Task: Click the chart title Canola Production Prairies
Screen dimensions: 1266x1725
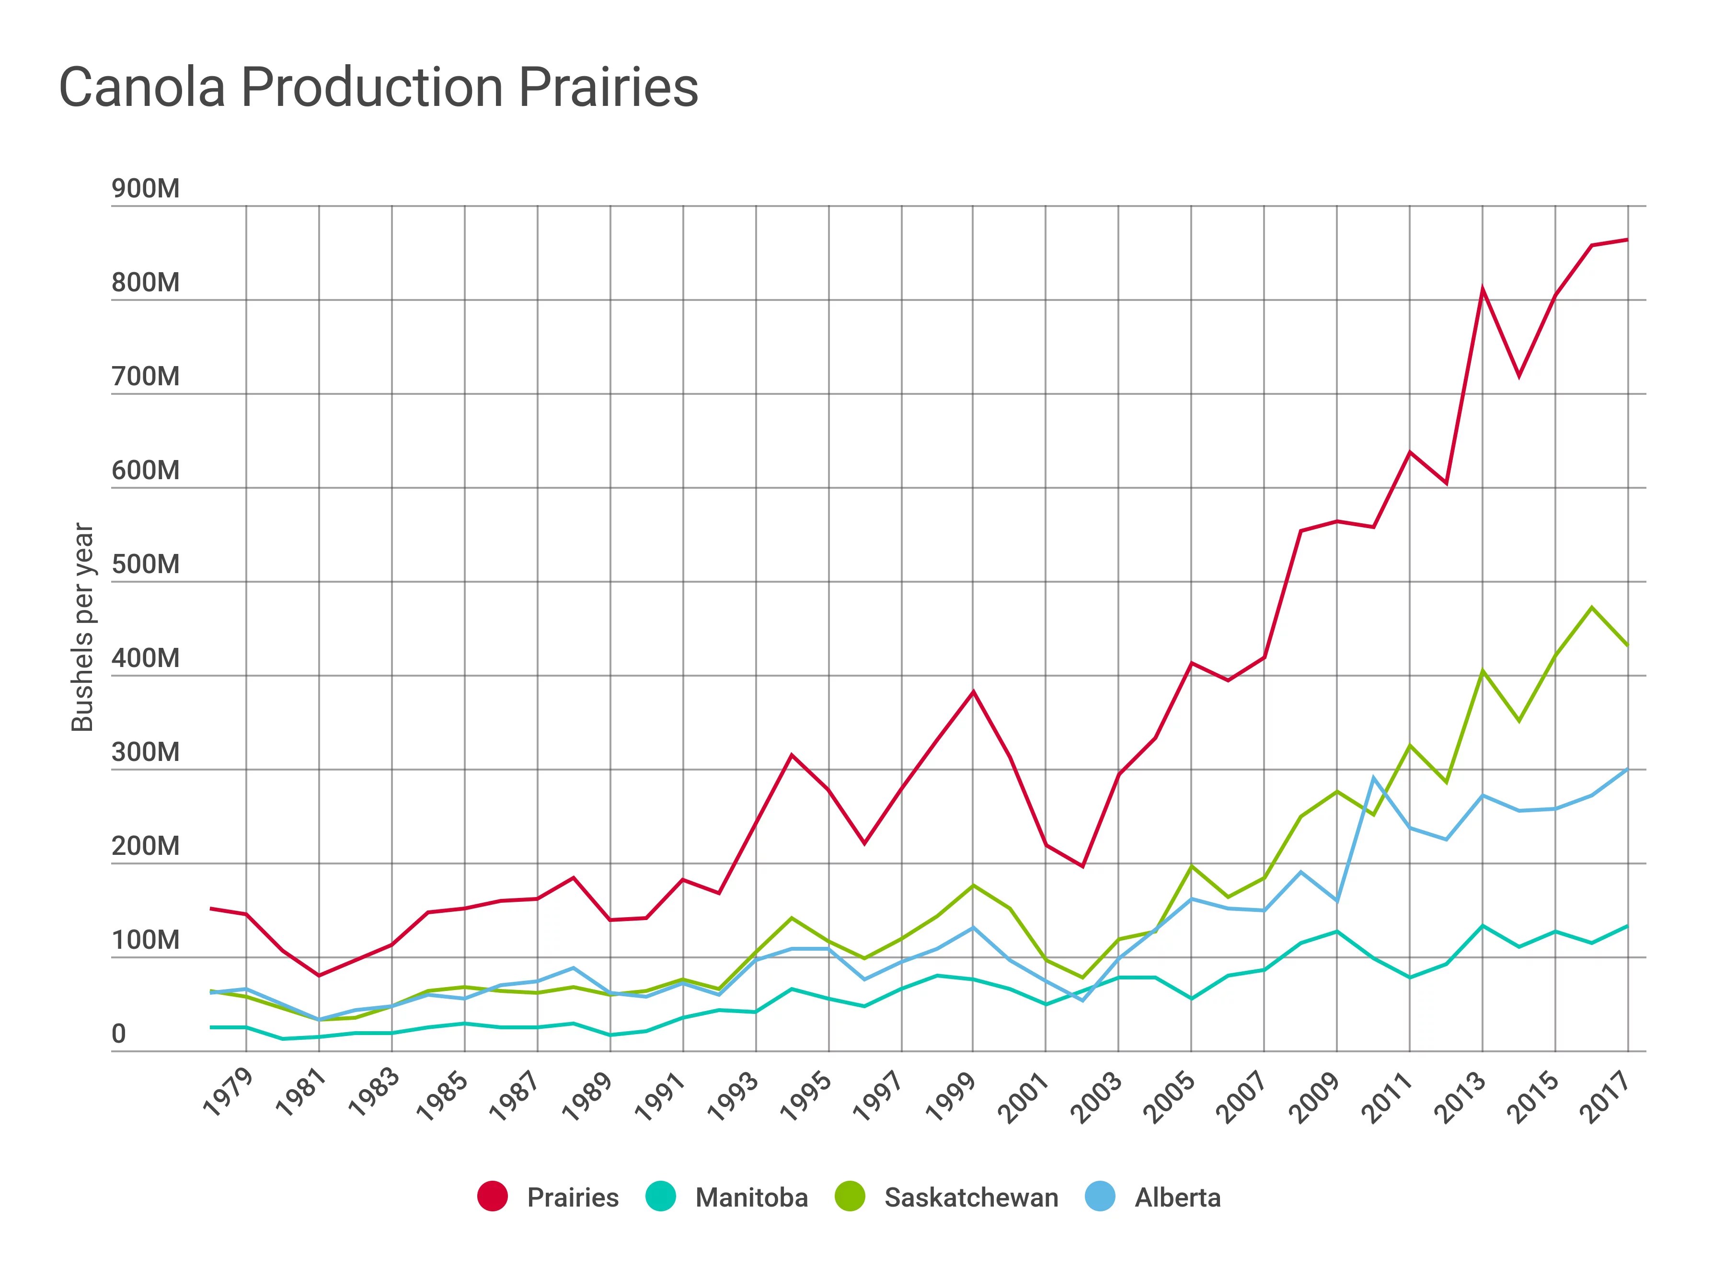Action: coord(379,87)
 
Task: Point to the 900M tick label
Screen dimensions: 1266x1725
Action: coord(146,188)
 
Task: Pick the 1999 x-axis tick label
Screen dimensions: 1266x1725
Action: coord(951,1096)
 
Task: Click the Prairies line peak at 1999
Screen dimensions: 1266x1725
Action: coord(973,691)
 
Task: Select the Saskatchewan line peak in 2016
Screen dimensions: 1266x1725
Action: coord(1592,607)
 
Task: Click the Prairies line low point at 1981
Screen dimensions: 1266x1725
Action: coord(319,976)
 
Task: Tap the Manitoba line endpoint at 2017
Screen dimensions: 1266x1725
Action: coord(1627,926)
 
